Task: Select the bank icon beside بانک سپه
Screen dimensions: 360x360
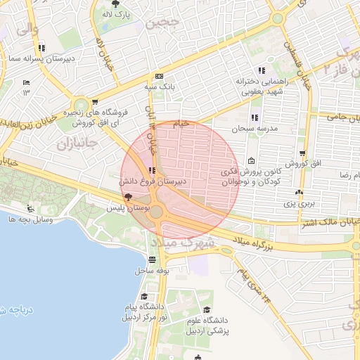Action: point(159,76)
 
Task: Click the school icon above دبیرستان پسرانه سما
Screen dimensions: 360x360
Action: point(43,48)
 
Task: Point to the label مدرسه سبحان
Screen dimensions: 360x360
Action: point(256,130)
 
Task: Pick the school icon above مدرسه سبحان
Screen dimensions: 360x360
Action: point(254,117)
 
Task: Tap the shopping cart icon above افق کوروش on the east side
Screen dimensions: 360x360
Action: point(302,153)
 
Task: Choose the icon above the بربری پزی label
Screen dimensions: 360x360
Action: point(300,192)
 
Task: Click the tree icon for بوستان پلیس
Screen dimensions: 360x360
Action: point(127,198)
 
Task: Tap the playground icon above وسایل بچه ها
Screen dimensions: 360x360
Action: point(30,208)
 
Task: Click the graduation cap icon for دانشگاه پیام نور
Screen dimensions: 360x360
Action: point(144,297)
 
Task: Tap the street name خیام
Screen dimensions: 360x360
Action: point(181,124)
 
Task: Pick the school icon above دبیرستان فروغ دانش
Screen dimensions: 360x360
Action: point(153,170)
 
